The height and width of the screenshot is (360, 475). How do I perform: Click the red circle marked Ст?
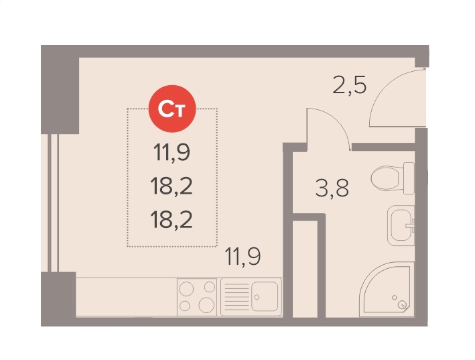pos(172,109)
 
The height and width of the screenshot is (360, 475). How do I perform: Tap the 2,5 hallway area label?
pos(349,85)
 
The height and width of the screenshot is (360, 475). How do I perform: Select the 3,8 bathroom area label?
pos(332,188)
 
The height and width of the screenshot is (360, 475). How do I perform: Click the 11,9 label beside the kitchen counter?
pos(243,256)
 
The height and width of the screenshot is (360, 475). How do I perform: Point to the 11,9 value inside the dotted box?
pos(172,152)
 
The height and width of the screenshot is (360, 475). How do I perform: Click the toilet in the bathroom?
pos(393,178)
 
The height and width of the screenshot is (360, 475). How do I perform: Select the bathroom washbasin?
pos(401,225)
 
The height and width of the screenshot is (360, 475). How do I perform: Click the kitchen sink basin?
pos(265,296)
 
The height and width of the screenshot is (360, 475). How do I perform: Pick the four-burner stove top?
pos(197,297)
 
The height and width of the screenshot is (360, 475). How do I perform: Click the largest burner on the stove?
pos(206,305)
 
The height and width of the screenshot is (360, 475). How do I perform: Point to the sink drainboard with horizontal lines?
pos(236,296)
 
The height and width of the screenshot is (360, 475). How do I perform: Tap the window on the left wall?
pos(54,203)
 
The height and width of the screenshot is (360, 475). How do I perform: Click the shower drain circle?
pos(403,304)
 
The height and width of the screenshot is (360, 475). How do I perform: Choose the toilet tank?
pos(409,178)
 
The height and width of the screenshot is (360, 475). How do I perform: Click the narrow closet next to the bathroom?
pos(305,269)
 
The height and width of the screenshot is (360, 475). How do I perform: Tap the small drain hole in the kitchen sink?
pos(257,297)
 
